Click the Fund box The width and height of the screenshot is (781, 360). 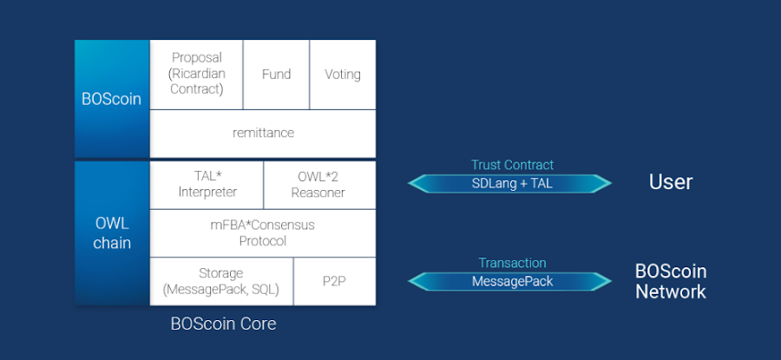(x=277, y=75)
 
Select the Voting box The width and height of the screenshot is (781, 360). (x=343, y=75)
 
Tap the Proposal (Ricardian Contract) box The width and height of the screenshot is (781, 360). (x=196, y=75)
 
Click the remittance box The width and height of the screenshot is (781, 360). (x=263, y=134)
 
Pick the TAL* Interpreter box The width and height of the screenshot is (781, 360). (x=207, y=185)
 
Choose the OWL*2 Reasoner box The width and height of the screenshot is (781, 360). (x=319, y=185)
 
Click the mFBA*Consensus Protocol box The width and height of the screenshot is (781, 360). (x=263, y=233)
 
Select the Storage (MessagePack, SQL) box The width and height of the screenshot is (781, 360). (x=221, y=281)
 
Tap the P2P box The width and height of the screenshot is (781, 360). (x=335, y=281)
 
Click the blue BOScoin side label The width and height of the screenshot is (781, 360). (x=112, y=99)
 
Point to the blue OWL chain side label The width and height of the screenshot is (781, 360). (x=112, y=233)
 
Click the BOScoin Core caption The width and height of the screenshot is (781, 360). (x=223, y=324)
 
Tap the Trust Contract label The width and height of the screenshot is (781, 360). (x=512, y=165)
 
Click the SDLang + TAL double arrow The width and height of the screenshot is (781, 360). (x=509, y=183)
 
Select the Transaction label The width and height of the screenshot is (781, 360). (x=513, y=263)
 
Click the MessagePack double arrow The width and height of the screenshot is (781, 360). (x=509, y=281)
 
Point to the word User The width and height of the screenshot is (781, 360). (x=671, y=182)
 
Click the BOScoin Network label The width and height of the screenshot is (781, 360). (x=671, y=281)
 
